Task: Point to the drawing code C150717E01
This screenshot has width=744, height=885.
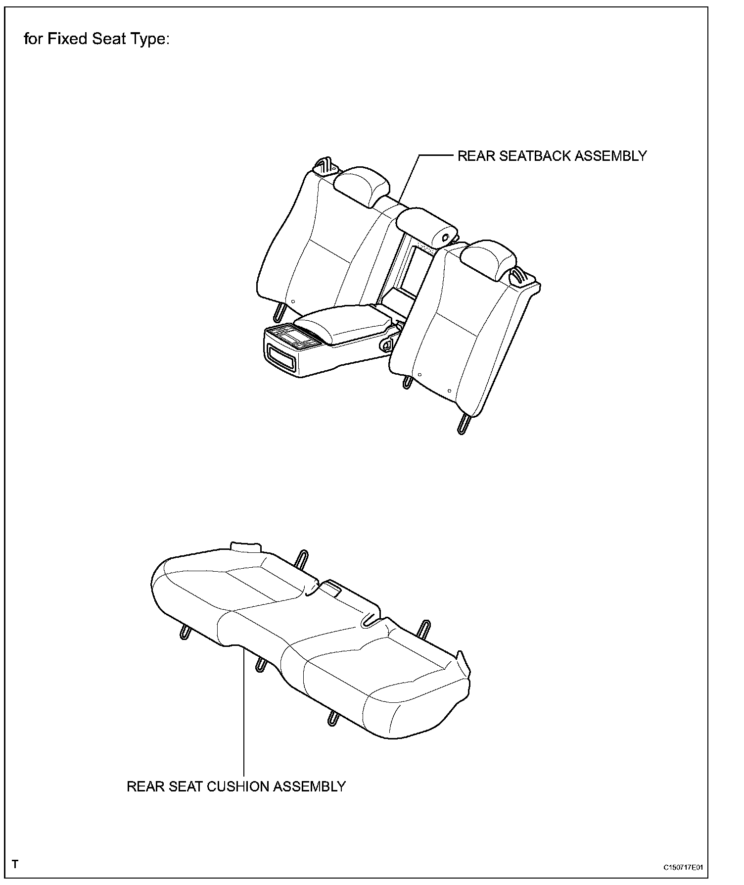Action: (683, 867)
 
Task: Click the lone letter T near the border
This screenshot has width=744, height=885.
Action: (15, 865)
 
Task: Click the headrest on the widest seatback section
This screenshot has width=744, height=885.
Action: (361, 184)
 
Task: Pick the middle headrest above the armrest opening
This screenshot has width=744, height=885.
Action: (427, 227)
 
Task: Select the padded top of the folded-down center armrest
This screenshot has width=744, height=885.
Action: (346, 322)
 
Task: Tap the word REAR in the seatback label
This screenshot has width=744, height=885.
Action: (475, 156)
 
